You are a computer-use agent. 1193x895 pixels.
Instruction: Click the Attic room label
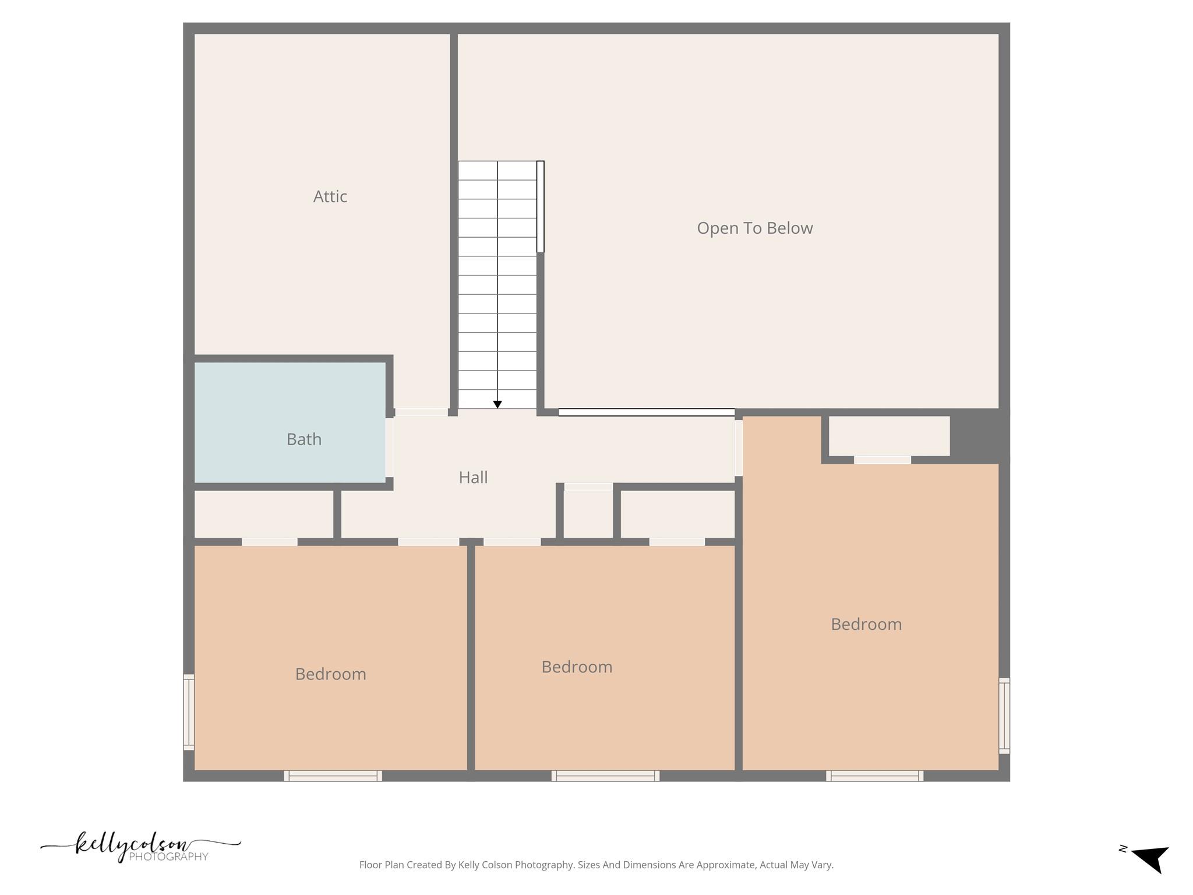330,196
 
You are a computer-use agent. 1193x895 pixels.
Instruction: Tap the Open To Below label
754,228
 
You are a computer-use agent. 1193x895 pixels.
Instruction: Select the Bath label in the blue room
303,439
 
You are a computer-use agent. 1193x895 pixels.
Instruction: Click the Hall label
472,478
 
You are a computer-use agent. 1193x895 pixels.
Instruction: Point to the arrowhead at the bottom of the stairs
497,404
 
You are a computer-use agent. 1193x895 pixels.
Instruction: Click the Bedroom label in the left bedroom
330,674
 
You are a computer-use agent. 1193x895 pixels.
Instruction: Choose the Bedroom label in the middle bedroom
577,667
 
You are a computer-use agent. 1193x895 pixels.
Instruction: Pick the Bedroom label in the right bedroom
866,625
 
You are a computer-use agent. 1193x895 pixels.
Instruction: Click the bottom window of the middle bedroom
605,776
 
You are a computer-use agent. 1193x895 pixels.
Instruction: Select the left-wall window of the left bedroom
189,712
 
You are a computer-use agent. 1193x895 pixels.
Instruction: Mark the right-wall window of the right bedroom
1004,716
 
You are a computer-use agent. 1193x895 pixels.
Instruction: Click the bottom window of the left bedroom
333,776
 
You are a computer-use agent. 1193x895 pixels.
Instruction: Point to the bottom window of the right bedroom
874,776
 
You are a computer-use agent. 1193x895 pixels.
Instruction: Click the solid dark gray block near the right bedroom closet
979,435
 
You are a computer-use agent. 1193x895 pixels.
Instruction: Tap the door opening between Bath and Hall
389,447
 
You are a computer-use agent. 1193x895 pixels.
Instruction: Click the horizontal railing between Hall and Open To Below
647,413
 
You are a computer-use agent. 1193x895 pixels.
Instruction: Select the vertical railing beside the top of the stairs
541,206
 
